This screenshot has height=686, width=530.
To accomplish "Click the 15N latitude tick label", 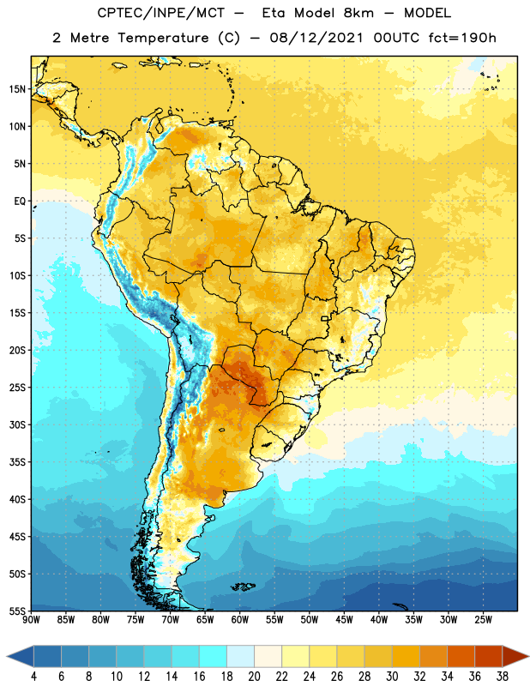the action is [x=17, y=89].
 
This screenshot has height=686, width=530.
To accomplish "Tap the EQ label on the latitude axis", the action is [x=20, y=202].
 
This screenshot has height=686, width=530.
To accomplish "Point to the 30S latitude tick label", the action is [x=17, y=424].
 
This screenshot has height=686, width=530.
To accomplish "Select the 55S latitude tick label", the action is [x=17, y=611].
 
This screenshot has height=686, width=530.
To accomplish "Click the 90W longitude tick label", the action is [x=31, y=620].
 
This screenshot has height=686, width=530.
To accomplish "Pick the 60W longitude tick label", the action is [x=240, y=620].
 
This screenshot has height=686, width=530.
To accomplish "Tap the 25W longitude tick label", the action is [x=483, y=620].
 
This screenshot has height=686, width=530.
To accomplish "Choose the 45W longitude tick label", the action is [x=344, y=620].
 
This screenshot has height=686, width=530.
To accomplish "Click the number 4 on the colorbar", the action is [x=33, y=677].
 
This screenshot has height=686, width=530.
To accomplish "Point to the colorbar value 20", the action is [x=254, y=677].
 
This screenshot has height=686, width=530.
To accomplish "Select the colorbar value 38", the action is [x=502, y=677].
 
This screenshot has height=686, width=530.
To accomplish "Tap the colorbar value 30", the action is [x=392, y=677].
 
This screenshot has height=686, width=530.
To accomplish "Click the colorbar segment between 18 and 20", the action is [x=240, y=657].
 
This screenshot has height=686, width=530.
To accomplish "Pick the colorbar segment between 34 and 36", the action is [x=461, y=657].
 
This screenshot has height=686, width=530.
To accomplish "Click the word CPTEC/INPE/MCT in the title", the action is [x=160, y=13].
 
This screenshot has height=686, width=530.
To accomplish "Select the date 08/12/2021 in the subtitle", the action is [x=316, y=38].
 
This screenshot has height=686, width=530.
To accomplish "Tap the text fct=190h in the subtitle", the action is [x=462, y=38].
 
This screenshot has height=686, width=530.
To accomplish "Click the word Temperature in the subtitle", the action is [x=163, y=38].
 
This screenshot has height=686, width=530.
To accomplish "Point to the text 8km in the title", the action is [x=358, y=13].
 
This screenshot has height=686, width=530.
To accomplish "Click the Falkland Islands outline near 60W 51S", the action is [x=243, y=587].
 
